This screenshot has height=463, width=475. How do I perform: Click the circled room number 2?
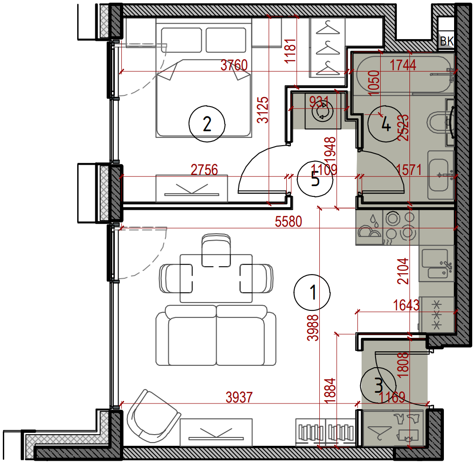[207, 124]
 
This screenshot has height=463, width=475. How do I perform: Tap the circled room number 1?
[312, 293]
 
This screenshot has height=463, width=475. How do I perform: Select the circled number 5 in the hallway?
[315, 179]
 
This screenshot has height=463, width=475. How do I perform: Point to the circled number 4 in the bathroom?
[386, 124]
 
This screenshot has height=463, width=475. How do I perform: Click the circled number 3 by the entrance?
[378, 385]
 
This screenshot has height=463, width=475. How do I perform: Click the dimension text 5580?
[288, 221]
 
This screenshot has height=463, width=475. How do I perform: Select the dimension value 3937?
[239, 397]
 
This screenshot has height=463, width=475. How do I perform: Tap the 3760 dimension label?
[234, 65]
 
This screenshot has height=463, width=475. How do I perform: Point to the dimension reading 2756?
[204, 170]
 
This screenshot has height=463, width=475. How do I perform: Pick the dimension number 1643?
[406, 305]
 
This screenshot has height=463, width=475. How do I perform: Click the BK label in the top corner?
[447, 41]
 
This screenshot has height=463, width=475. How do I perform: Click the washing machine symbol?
[323, 111]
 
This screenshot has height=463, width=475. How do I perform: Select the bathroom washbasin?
[441, 175]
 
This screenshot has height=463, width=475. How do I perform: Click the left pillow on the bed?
[181, 40]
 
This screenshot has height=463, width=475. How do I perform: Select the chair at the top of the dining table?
[216, 250]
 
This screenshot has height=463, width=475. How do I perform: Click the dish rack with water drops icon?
[369, 228]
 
